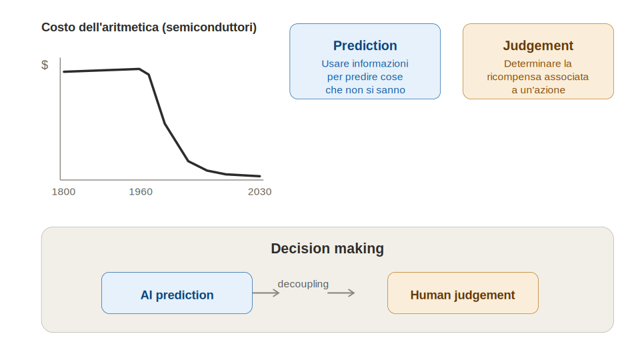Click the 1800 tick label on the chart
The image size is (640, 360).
point(64,192)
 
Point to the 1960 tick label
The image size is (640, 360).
point(141,192)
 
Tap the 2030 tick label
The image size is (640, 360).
point(259,192)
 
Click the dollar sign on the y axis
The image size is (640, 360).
point(45,65)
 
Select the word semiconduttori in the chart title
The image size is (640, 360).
point(209,27)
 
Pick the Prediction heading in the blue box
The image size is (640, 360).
point(365,46)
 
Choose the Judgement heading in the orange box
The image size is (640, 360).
point(538,46)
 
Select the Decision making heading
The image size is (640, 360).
point(327,249)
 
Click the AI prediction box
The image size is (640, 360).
point(177,293)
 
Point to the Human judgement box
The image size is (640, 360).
point(463,293)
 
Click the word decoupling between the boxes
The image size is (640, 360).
point(303,284)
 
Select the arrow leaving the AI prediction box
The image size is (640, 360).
point(266,293)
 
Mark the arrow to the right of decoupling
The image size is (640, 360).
point(341,293)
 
